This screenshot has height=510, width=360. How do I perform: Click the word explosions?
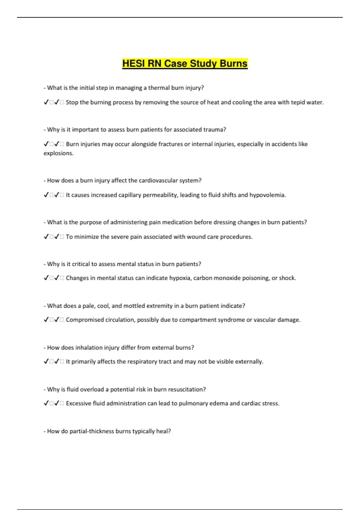tap(58, 153)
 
